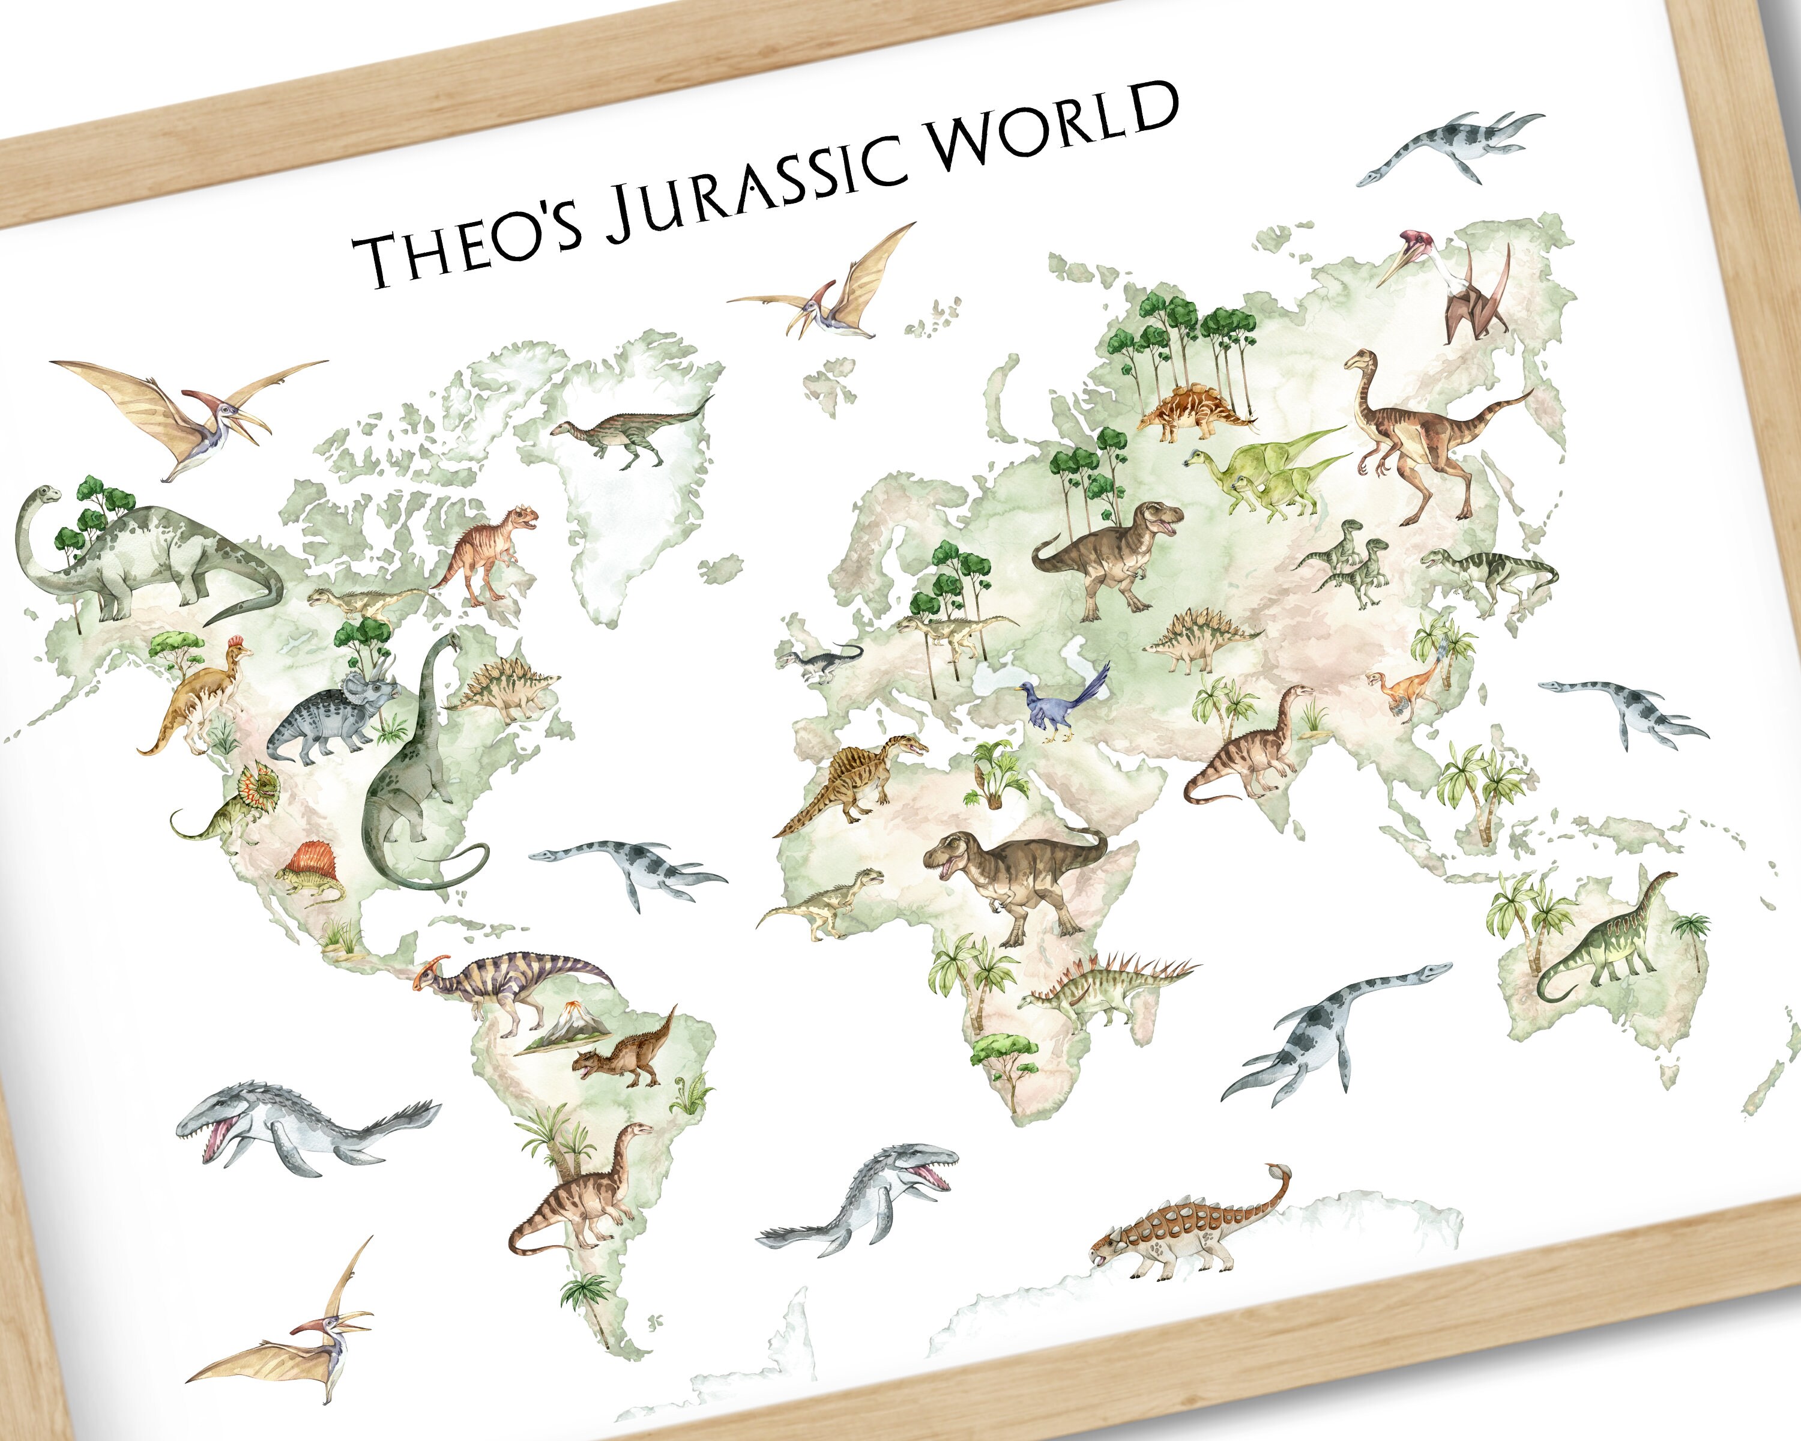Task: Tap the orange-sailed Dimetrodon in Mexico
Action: [311, 872]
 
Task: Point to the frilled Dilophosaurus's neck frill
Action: [258, 783]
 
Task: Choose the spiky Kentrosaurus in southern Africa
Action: [1103, 986]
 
